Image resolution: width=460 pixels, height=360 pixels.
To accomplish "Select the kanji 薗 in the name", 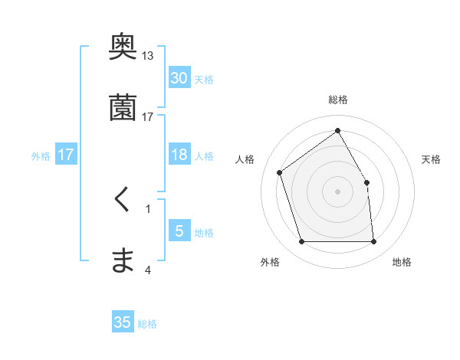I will [x=123, y=108].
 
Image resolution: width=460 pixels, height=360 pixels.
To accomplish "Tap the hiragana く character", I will [x=122, y=201].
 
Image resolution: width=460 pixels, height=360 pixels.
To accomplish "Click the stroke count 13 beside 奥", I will [x=148, y=56].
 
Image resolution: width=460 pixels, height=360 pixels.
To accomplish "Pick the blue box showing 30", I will [x=179, y=78].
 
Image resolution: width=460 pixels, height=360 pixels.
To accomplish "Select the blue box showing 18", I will [x=179, y=155].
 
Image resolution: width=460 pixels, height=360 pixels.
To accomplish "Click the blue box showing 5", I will [x=179, y=231].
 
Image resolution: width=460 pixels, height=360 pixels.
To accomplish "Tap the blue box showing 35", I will [x=123, y=322].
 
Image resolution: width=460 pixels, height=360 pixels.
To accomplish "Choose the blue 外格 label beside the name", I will [x=41, y=155].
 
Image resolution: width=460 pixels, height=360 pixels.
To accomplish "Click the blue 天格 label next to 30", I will [x=204, y=80].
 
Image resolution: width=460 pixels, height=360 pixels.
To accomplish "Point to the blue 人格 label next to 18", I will [x=204, y=155].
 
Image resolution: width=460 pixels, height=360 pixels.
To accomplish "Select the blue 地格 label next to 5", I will [x=204, y=233].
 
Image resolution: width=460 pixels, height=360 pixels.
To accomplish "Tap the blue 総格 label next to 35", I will [x=148, y=324].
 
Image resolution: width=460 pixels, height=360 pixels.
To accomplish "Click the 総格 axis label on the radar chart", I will [x=338, y=100].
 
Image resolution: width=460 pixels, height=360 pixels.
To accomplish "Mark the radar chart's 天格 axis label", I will [x=431, y=159].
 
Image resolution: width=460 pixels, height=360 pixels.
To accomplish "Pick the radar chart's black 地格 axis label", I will [x=402, y=262].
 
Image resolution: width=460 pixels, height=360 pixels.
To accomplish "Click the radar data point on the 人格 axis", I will [x=280, y=172].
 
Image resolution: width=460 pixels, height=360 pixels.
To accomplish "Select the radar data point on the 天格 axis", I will [x=366, y=182].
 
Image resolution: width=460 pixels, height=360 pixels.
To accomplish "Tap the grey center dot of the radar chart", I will [x=338, y=191].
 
